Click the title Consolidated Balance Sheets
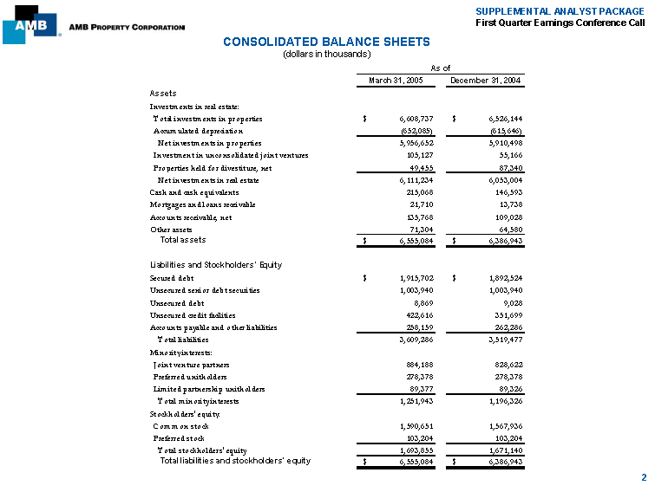[x=326, y=42]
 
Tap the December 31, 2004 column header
[x=485, y=81]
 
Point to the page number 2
[x=643, y=477]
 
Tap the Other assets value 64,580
[x=507, y=229]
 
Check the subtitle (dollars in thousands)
[x=327, y=54]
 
